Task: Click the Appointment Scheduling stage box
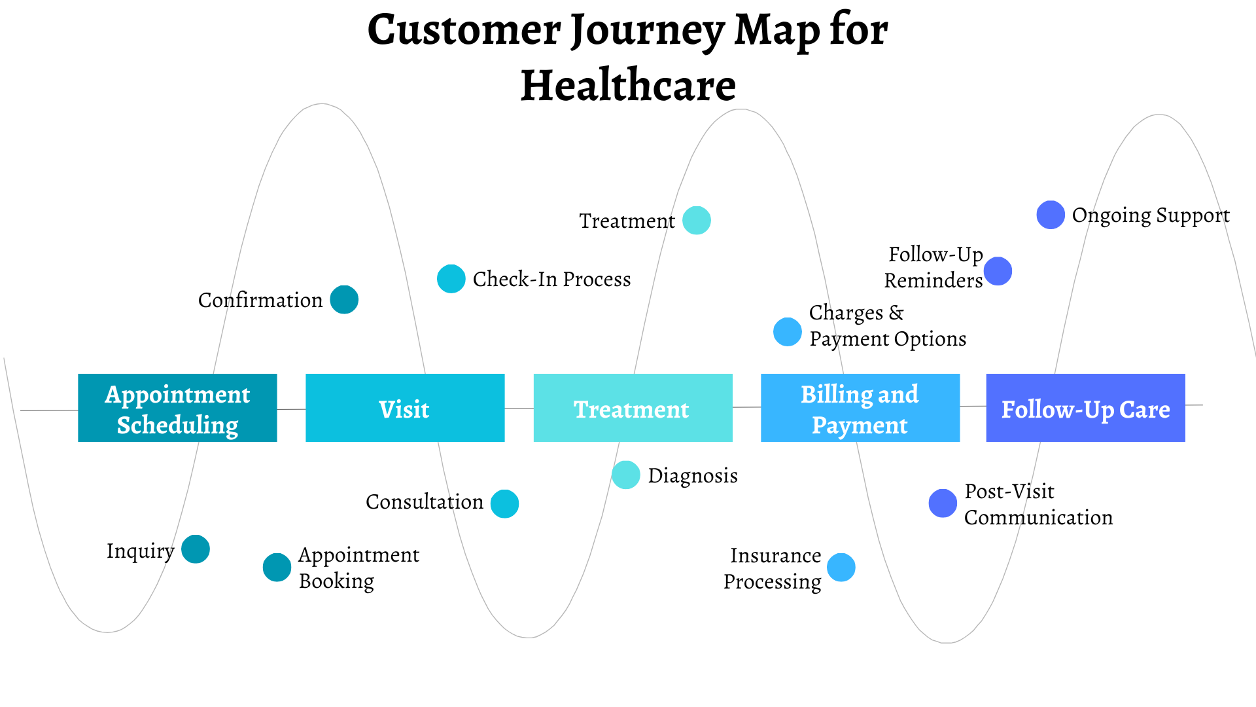point(177,408)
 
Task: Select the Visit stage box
point(405,408)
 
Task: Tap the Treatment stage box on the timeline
point(633,408)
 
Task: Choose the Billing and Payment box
point(860,408)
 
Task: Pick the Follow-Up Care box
point(1085,408)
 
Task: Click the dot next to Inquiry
point(196,549)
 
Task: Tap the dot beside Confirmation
point(344,300)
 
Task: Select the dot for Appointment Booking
point(277,568)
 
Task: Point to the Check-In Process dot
point(451,279)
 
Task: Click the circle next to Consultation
point(504,504)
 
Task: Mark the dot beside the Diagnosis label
point(626,475)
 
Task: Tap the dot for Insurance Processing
point(841,568)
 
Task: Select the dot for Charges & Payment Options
point(788,332)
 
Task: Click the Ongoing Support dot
point(1051,215)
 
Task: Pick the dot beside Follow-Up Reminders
point(998,271)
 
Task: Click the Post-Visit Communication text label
point(1038,504)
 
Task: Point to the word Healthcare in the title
point(628,86)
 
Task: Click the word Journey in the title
point(648,30)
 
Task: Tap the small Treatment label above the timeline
point(627,221)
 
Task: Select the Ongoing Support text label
point(1151,215)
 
